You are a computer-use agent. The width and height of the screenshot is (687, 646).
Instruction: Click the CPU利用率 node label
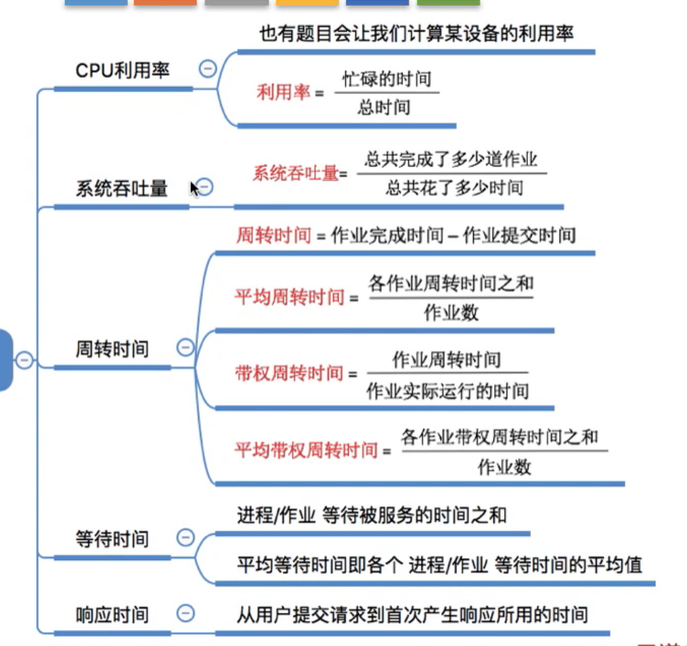tap(123, 71)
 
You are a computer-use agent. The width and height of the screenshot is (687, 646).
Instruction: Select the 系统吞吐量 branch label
tap(121, 189)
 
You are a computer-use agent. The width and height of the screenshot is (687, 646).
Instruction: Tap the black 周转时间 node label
tap(112, 349)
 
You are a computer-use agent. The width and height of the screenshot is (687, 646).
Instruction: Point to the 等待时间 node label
tap(112, 538)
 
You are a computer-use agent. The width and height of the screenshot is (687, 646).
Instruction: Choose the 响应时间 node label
tap(112, 614)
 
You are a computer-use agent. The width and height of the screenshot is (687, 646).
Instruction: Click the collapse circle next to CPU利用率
tap(207, 69)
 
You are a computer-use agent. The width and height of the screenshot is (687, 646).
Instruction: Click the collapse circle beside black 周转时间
tap(186, 348)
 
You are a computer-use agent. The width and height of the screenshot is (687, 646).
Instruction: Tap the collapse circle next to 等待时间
tap(186, 537)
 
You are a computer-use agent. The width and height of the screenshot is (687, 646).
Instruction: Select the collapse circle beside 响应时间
tap(186, 613)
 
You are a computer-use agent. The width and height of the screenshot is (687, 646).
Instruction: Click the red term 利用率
tap(283, 92)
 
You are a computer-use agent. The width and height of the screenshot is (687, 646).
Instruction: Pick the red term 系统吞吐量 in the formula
tap(295, 173)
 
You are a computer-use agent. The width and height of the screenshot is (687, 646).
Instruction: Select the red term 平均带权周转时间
tap(306, 451)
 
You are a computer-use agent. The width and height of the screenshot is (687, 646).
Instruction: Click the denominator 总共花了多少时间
tap(454, 189)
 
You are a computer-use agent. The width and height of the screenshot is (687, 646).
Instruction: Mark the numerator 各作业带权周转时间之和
tap(500, 437)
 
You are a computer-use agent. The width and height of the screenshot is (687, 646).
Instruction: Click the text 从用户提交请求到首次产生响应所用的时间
tap(412, 615)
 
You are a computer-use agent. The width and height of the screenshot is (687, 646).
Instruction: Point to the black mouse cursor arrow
tap(194, 188)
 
